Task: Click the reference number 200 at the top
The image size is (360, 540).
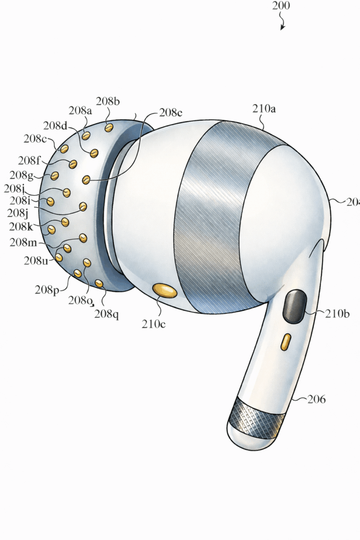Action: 281,6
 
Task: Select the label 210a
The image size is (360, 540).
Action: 264,109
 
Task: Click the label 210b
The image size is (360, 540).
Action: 337,314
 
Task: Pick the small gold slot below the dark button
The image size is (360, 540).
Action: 285,342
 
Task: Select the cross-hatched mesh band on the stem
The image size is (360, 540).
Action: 257,417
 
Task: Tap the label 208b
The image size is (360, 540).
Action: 108,101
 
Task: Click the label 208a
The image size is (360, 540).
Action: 80,111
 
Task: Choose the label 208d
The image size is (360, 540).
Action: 56,126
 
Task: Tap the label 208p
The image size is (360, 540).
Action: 47,290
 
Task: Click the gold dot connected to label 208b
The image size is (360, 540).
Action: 109,127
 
